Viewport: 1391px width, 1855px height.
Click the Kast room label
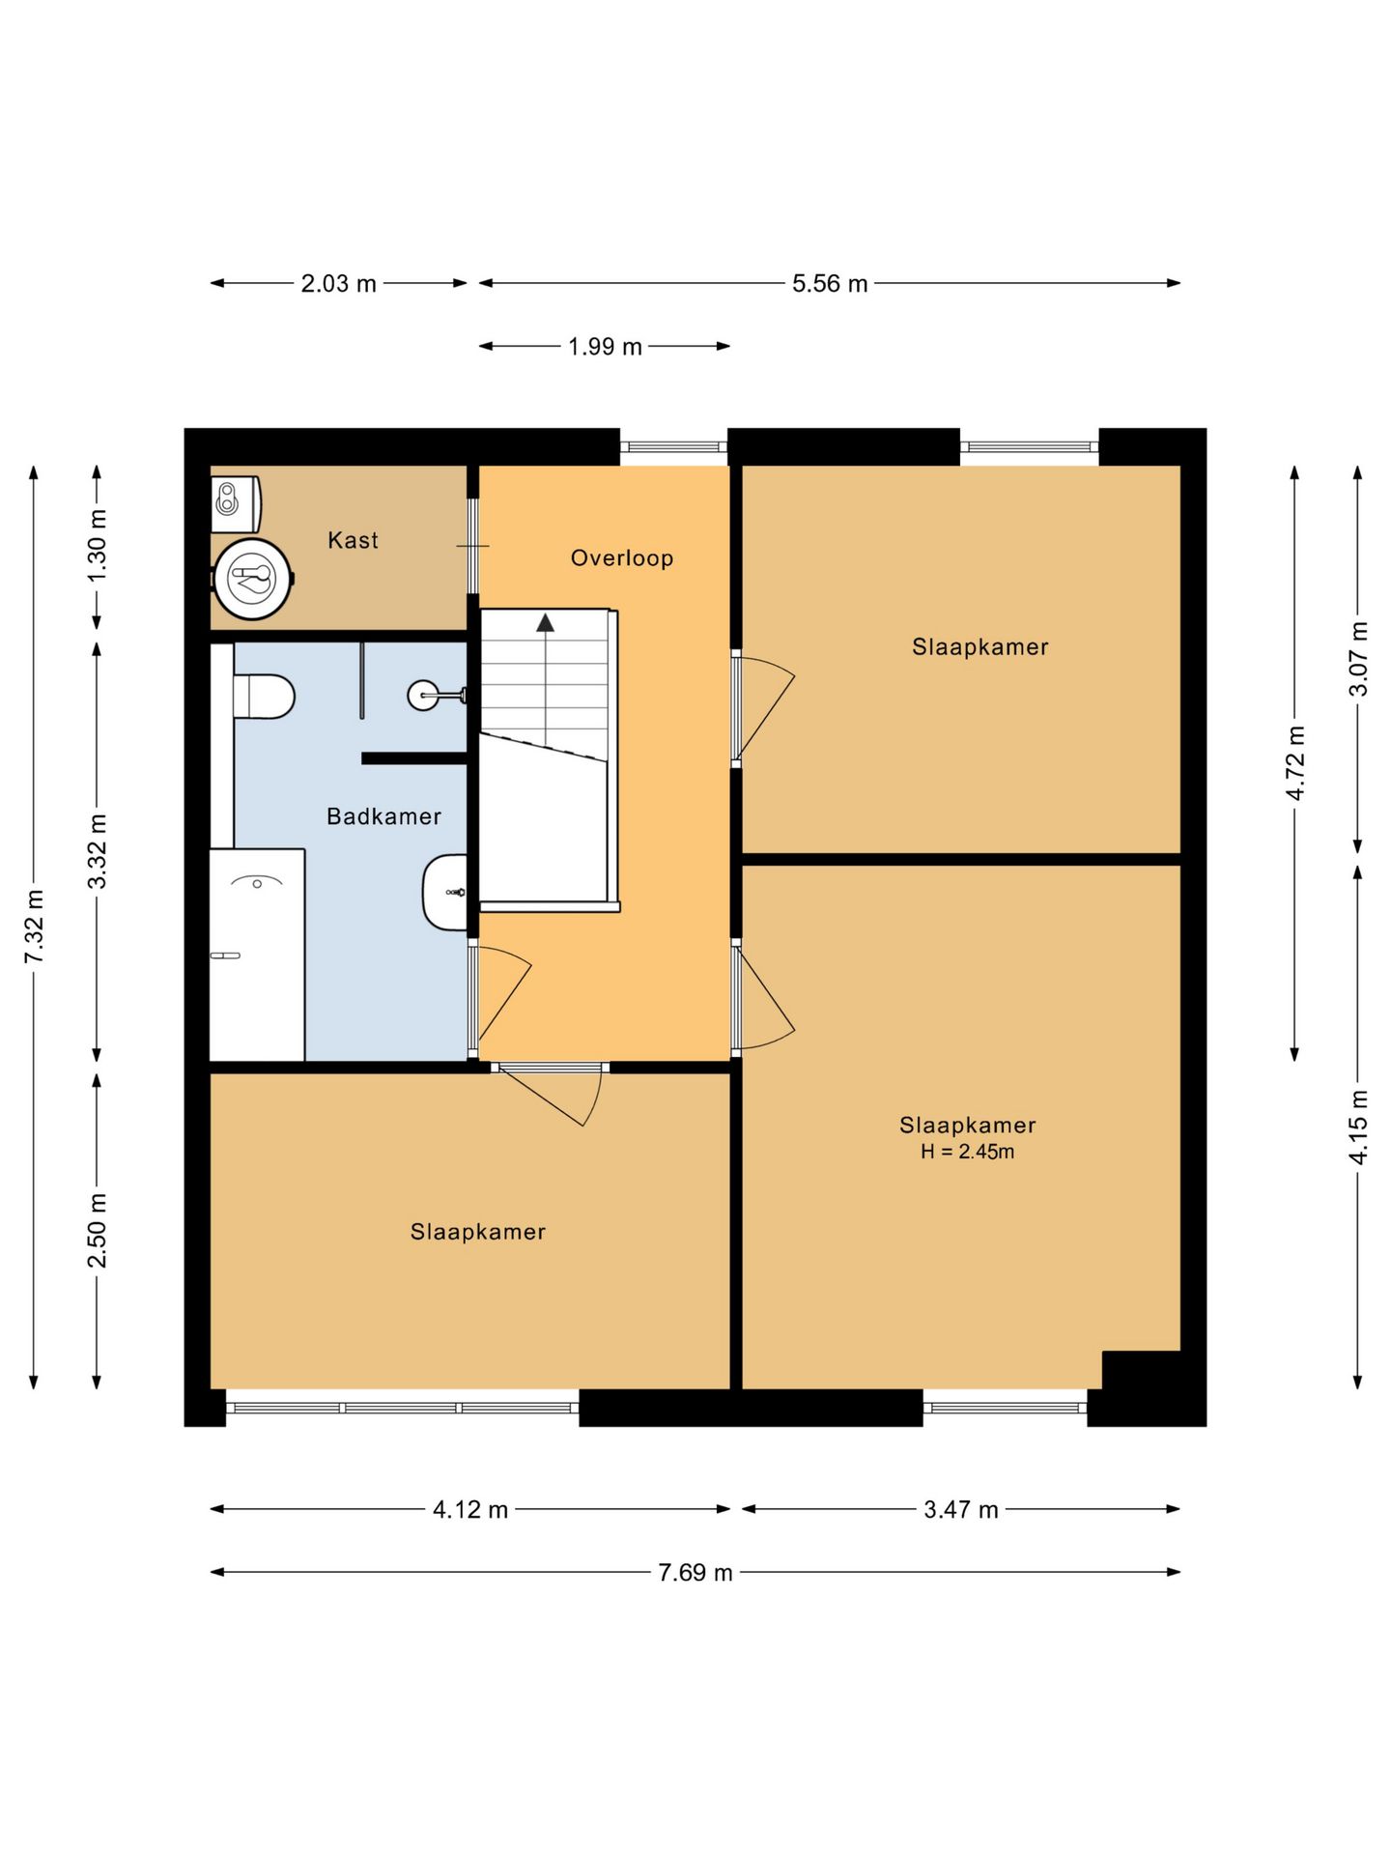(x=353, y=540)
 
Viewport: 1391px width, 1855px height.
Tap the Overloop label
(x=622, y=557)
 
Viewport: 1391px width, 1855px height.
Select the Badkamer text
(x=383, y=816)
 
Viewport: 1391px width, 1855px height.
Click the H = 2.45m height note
(x=967, y=1152)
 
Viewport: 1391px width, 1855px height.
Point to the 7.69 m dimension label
(x=695, y=1573)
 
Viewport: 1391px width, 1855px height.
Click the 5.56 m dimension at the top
(x=830, y=284)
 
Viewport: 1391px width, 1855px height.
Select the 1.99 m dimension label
(x=605, y=347)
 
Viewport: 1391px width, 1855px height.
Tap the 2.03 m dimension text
(x=338, y=284)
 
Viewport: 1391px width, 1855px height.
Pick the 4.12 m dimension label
(x=470, y=1510)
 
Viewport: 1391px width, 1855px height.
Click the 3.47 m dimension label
(x=961, y=1510)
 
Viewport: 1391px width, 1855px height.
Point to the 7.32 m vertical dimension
(x=35, y=927)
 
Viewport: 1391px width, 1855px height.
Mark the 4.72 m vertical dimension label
(x=1295, y=763)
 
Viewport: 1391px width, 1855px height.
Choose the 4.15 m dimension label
(x=1358, y=1127)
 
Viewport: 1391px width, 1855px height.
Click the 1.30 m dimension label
(x=98, y=546)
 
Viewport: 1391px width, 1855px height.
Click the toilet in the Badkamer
(x=264, y=697)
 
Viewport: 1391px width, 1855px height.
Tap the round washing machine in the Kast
(x=253, y=579)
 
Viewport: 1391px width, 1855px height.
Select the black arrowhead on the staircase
(x=546, y=623)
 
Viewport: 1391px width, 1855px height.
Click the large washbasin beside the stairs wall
(x=445, y=892)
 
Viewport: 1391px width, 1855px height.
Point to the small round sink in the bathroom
(x=423, y=696)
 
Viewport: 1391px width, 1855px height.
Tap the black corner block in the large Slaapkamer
(x=1142, y=1370)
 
